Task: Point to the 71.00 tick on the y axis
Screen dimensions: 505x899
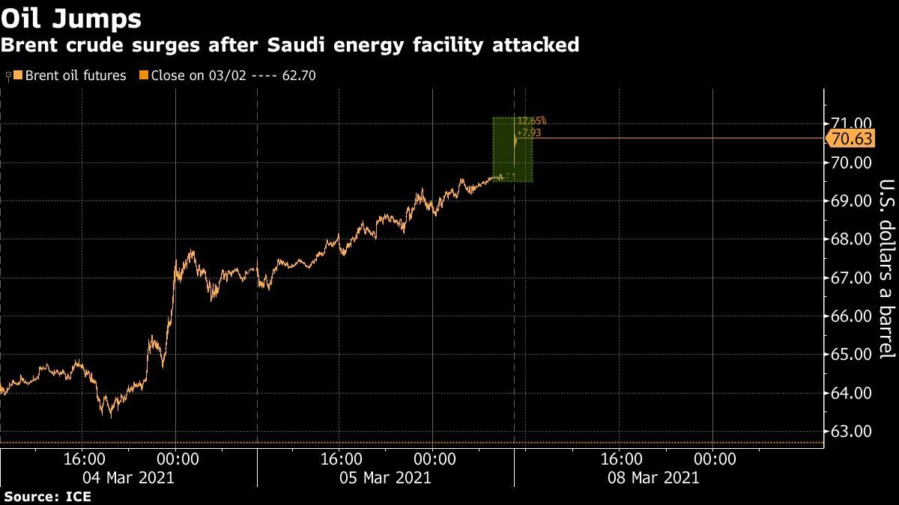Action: pyautogui.click(x=850, y=124)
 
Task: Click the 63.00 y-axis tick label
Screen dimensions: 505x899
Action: pyautogui.click(x=850, y=432)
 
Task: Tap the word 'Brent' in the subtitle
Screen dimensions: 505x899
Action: pyautogui.click(x=28, y=45)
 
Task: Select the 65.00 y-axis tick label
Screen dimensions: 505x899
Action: pyautogui.click(x=850, y=355)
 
